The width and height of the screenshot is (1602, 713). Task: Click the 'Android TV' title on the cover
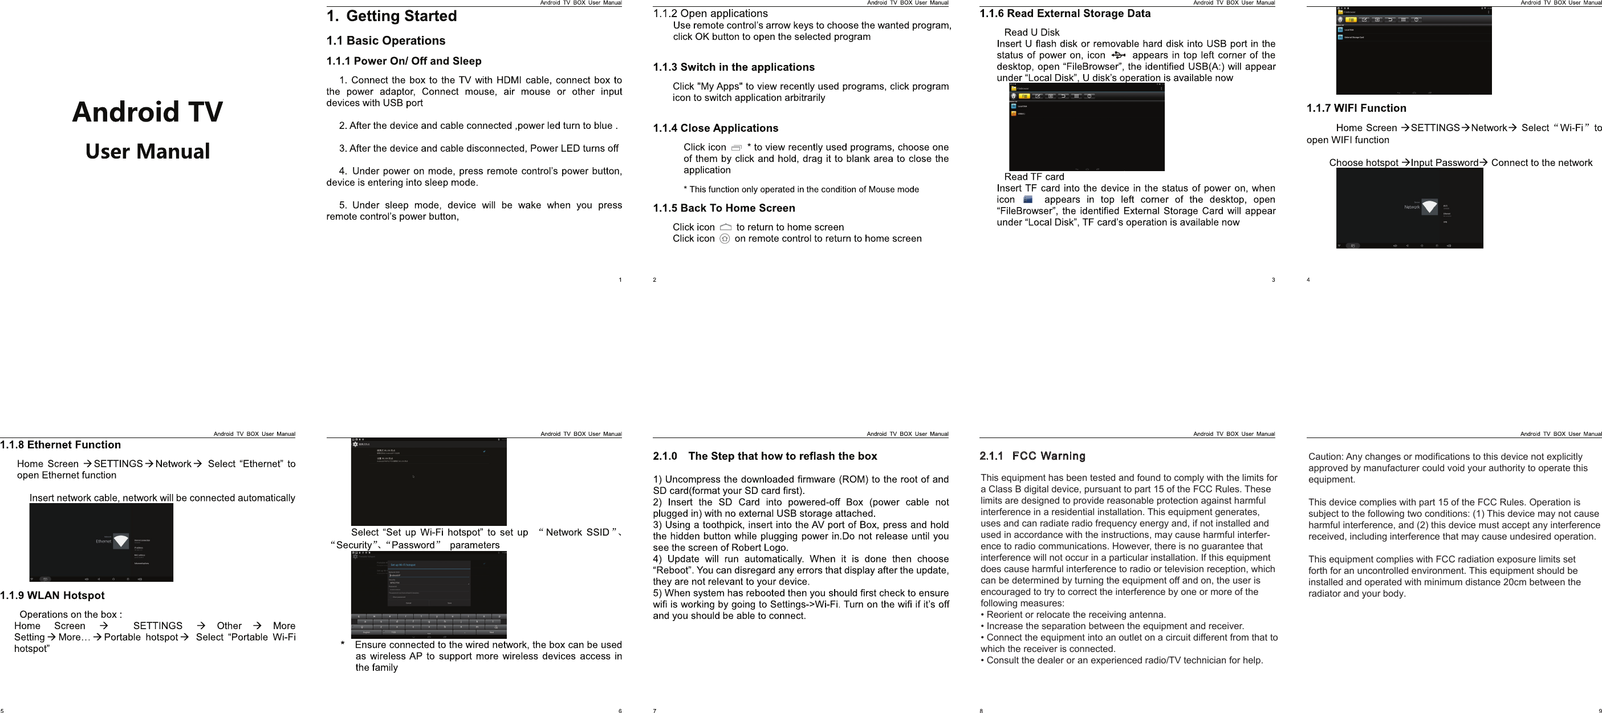[148, 112]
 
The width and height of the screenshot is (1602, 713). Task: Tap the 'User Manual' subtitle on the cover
[148, 151]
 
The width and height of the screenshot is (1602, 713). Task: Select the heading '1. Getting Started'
[392, 16]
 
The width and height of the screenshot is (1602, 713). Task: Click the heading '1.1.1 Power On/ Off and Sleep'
[404, 61]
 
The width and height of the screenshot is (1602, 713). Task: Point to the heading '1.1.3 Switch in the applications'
[733, 67]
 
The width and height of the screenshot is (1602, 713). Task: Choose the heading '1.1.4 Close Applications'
[715, 128]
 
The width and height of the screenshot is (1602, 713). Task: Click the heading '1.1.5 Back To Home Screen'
[724, 208]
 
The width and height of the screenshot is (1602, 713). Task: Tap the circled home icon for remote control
[725, 238]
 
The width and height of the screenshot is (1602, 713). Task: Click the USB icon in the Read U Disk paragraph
[1118, 55]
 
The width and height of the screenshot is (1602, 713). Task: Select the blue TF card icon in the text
[1028, 200]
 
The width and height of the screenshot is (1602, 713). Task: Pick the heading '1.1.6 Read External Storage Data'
[1065, 14]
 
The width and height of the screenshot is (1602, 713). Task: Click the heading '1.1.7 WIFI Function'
[1356, 108]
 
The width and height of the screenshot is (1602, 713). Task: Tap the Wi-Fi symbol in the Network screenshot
[1430, 206]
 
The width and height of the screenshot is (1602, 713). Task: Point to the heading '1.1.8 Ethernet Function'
[60, 445]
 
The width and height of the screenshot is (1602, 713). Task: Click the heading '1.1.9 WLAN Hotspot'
[52, 595]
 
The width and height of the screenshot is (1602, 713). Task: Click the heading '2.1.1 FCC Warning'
[1032, 456]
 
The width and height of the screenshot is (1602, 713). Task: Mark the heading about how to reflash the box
[765, 456]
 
